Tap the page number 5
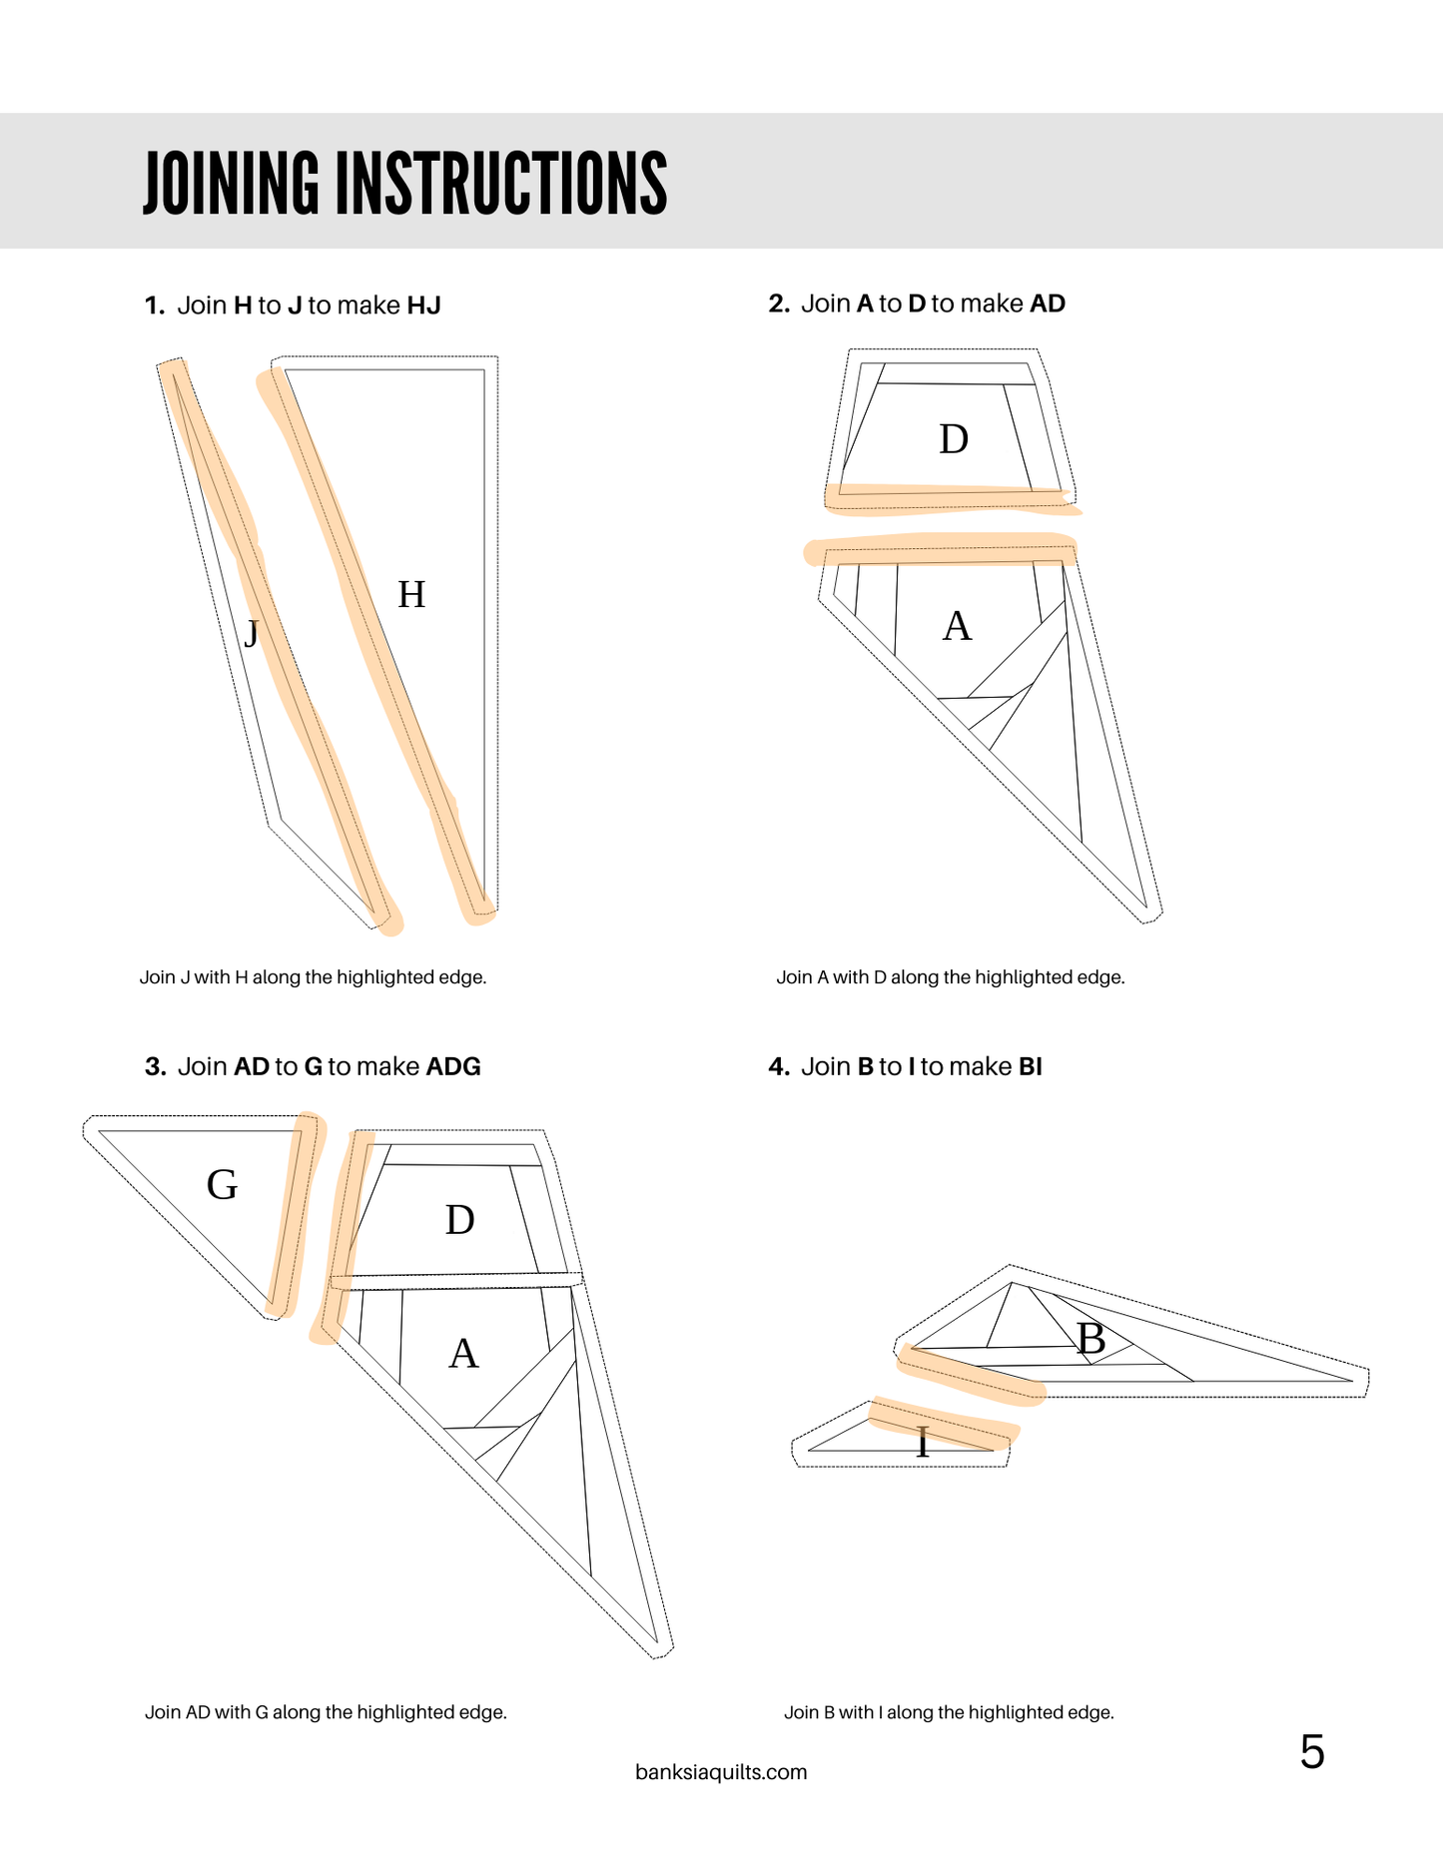pyautogui.click(x=1312, y=1752)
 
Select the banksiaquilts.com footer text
pyautogui.click(x=721, y=1772)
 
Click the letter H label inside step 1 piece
pyautogui.click(x=411, y=595)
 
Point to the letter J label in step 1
pyautogui.click(x=252, y=632)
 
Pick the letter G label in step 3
pyautogui.click(x=222, y=1185)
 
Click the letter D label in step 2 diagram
pyautogui.click(x=954, y=439)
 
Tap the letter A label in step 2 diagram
pyautogui.click(x=957, y=627)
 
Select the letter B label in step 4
pyautogui.click(x=1090, y=1339)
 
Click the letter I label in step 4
pyautogui.click(x=923, y=1443)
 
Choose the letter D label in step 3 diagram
pyautogui.click(x=459, y=1220)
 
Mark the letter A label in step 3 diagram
pyautogui.click(x=463, y=1354)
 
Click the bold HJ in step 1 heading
pyautogui.click(x=423, y=306)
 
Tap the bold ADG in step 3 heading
pyautogui.click(x=453, y=1067)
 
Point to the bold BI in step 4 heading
pyautogui.click(x=1030, y=1067)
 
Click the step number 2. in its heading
pyautogui.click(x=779, y=304)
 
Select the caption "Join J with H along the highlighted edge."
pyautogui.click(x=313, y=977)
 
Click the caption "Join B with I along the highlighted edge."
pyautogui.click(x=949, y=1712)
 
